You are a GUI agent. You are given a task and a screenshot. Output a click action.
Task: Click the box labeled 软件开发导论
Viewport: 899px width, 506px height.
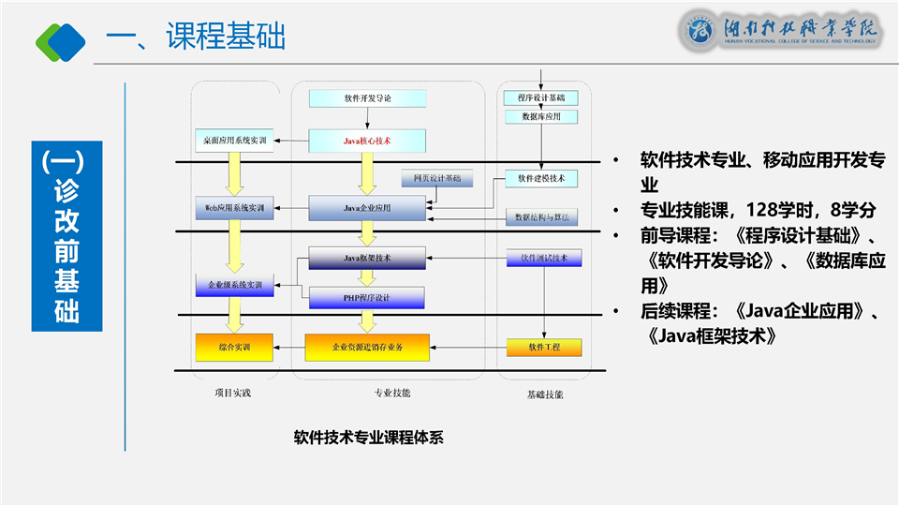(367, 97)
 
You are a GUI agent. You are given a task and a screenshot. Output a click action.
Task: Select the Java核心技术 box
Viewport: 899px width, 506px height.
(367, 141)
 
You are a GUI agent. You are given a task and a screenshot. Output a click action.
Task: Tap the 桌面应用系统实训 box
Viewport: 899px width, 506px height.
(234, 141)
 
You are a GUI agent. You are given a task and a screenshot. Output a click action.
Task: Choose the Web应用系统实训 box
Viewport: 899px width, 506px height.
(234, 206)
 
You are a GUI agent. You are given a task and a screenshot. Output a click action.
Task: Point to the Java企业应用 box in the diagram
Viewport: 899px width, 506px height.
(367, 207)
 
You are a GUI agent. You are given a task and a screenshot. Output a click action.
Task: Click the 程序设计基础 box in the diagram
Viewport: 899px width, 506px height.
(540, 97)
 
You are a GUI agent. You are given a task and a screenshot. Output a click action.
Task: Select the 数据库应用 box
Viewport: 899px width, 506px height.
(540, 117)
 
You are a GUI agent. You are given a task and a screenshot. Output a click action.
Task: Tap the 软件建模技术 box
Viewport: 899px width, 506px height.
(540, 178)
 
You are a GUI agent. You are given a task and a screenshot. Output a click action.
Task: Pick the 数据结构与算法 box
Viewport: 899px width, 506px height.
(540, 216)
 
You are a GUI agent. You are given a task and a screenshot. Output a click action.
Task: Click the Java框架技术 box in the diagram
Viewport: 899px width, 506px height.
(367, 258)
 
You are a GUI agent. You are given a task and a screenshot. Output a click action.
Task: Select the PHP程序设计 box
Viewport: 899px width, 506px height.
(367, 297)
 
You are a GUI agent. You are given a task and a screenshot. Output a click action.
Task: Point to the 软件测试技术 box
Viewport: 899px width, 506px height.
(544, 258)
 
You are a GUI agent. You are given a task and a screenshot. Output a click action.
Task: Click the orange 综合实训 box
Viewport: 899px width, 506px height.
(234, 348)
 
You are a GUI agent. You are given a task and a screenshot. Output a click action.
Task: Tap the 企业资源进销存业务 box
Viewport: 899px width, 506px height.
(367, 348)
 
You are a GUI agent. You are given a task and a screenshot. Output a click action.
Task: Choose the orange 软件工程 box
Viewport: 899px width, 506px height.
(544, 348)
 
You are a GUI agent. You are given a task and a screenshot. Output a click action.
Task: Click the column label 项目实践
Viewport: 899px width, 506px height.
(232, 393)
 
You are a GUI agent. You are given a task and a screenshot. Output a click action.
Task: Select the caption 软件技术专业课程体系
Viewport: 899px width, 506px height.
(368, 437)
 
